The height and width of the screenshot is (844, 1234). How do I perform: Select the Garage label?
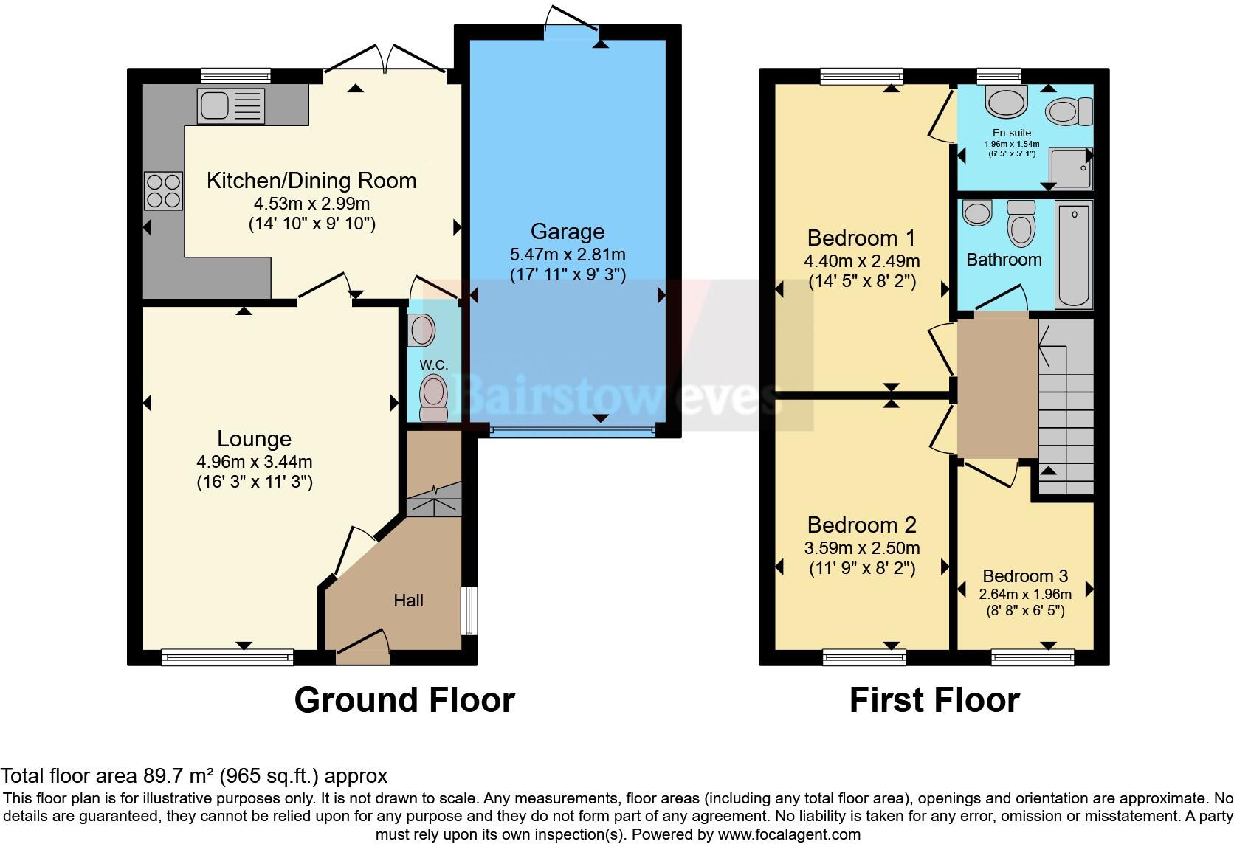pyautogui.click(x=567, y=232)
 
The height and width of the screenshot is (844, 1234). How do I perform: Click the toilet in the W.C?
pyautogui.click(x=433, y=397)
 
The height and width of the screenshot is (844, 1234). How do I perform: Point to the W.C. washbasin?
pyautogui.click(x=422, y=330)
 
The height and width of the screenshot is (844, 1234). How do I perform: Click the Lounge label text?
pyautogui.click(x=254, y=439)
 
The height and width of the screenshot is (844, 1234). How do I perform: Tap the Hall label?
pyautogui.click(x=408, y=601)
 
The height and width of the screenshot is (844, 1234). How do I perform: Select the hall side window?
pyautogui.click(x=469, y=610)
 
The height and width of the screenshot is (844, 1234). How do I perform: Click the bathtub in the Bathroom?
pyautogui.click(x=1073, y=255)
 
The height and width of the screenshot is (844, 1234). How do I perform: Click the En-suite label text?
pyautogui.click(x=1011, y=133)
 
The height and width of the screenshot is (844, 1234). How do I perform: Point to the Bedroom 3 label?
pyautogui.click(x=1025, y=576)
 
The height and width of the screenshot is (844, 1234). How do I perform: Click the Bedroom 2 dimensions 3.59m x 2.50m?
pyautogui.click(x=861, y=548)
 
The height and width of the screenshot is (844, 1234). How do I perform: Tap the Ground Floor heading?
pyautogui.click(x=404, y=700)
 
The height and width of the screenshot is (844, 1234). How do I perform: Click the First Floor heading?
pyautogui.click(x=934, y=700)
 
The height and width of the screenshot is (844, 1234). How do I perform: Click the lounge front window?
pyautogui.click(x=227, y=657)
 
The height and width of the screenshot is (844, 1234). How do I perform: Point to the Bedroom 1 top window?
pyautogui.click(x=861, y=75)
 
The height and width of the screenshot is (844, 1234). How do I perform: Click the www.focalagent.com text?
pyautogui.click(x=789, y=834)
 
